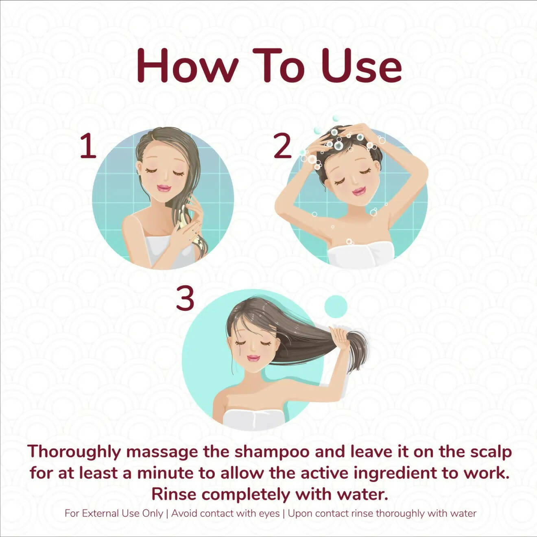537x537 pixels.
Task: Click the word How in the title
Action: pos(188,66)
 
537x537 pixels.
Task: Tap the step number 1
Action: pos(88,146)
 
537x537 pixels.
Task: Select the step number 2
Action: pos(282,146)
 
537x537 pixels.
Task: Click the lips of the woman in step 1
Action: pos(164,188)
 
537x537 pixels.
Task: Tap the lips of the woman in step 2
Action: pos(359,192)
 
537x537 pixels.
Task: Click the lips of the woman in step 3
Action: pos(253,358)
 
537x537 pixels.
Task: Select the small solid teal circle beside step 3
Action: pos(336,306)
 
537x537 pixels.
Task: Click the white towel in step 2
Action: pos(360,254)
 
